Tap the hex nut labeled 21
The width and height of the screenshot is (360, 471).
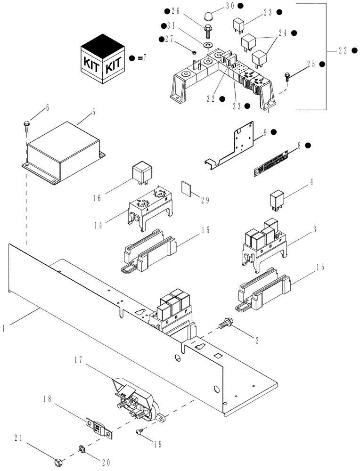tap(57, 463)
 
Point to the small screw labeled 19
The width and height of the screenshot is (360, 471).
tap(140, 431)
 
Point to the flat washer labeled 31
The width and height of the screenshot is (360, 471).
tap(207, 45)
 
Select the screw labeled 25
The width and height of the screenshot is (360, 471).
tap(287, 74)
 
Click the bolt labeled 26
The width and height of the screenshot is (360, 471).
tap(207, 32)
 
